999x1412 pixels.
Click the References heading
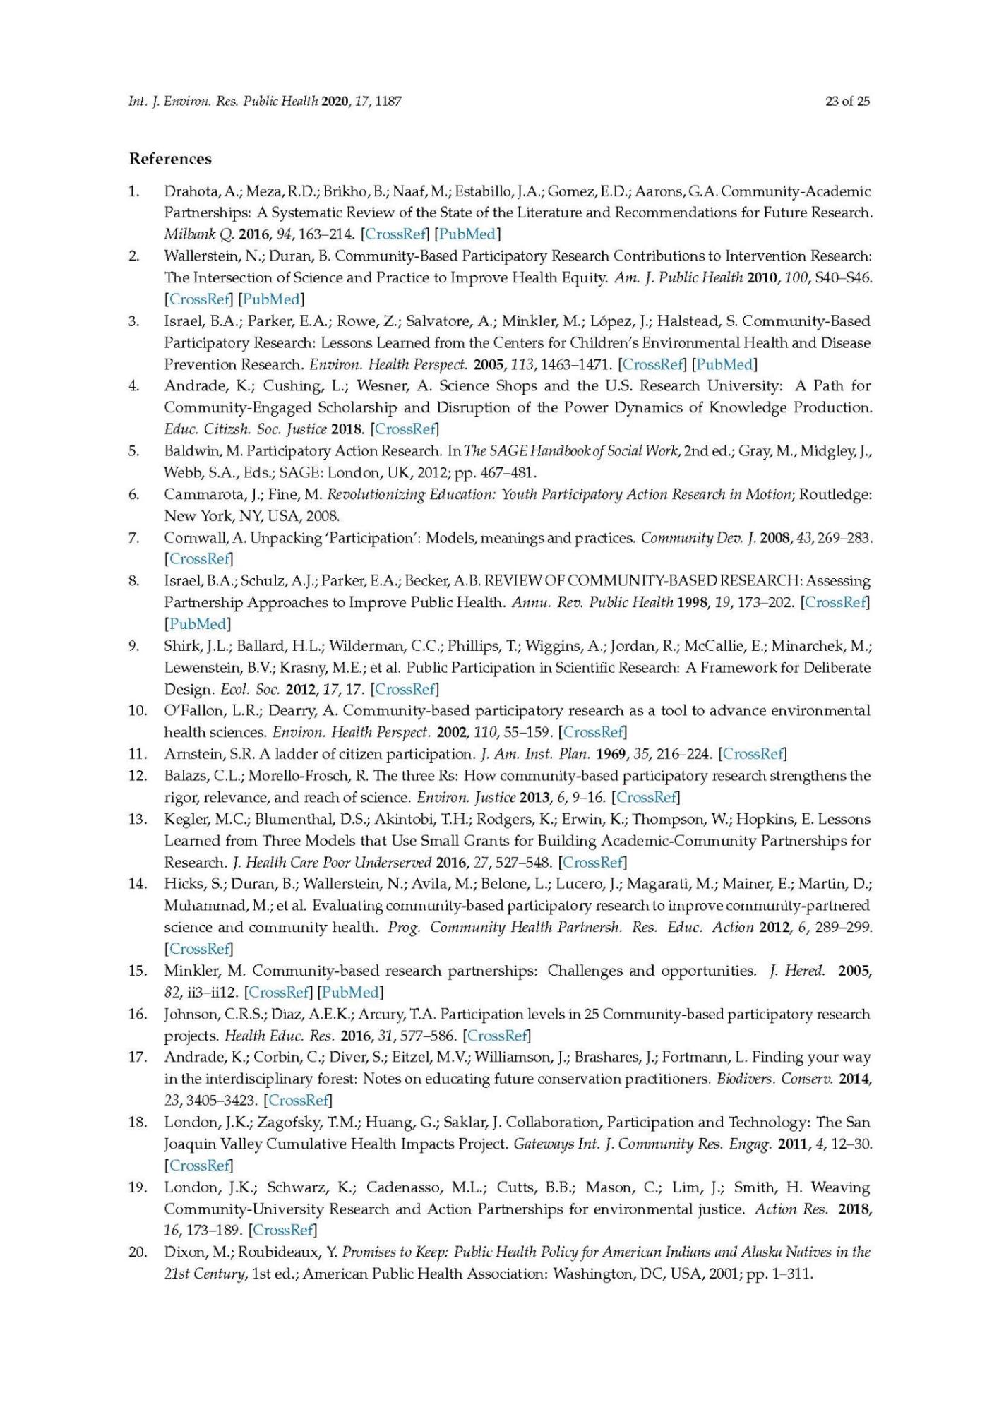[170, 159]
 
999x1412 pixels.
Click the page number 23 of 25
[847, 101]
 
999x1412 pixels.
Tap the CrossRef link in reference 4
[405, 429]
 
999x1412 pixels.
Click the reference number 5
[134, 451]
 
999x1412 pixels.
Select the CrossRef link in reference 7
[198, 559]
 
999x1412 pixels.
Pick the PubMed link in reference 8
[198, 624]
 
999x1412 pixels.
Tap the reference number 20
[137, 1252]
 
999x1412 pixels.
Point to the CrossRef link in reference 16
[497, 1036]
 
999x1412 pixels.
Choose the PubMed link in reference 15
[350, 993]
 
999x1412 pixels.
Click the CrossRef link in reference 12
[646, 798]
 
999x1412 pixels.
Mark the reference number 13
[137, 820]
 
